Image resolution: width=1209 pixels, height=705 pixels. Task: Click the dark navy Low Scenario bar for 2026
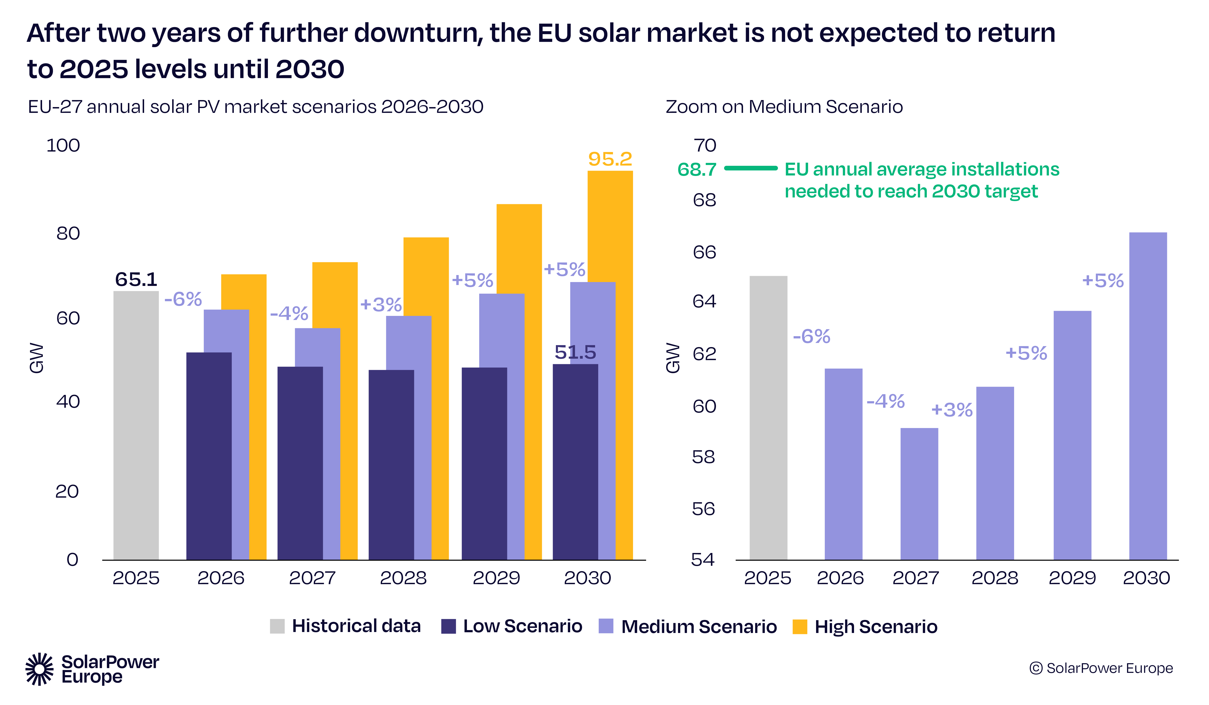(209, 456)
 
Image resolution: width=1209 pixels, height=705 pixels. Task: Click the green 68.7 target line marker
(750, 168)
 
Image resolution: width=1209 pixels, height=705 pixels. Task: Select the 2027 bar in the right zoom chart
(919, 494)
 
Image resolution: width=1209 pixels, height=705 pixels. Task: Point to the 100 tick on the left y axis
(63, 145)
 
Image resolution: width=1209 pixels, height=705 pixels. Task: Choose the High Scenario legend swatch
(799, 626)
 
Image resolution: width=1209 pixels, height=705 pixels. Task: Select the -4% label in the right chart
(885, 401)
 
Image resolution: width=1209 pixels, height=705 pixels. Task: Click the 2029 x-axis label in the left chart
(496, 578)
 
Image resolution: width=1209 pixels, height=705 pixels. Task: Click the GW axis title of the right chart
(673, 358)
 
